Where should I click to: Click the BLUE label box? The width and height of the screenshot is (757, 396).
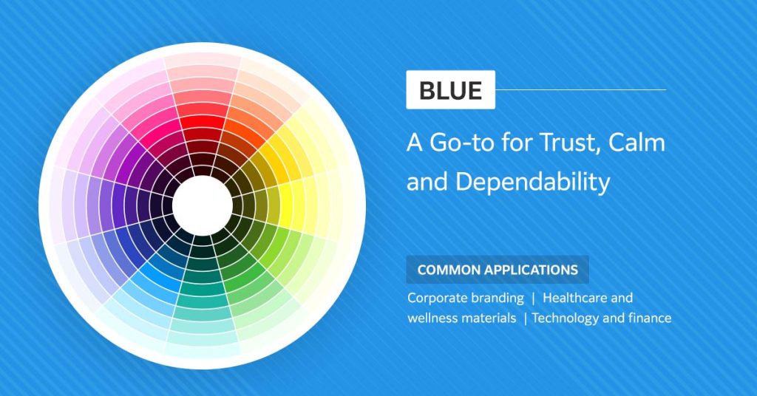(x=450, y=90)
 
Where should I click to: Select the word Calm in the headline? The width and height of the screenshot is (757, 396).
(x=637, y=143)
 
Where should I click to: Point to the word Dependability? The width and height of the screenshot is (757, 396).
(x=532, y=181)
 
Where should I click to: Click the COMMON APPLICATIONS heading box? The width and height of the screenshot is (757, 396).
(x=498, y=270)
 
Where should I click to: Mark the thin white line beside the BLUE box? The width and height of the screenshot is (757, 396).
(x=580, y=90)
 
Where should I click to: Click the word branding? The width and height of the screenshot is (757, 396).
(x=498, y=298)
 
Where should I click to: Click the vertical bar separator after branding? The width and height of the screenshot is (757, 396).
(x=533, y=298)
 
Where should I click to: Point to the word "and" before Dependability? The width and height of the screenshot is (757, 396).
(x=427, y=181)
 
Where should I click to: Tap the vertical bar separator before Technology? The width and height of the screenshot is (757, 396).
(x=525, y=318)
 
